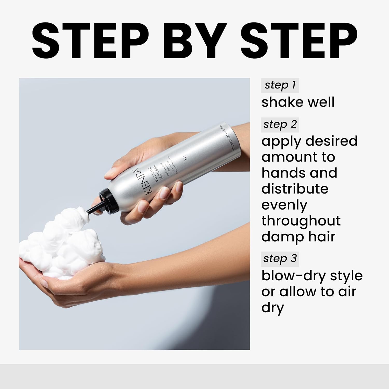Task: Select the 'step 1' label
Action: [280, 85]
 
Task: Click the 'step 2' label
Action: [280, 124]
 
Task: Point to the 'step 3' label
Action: [280, 259]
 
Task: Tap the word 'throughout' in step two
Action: [301, 221]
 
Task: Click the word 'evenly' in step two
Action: [284, 205]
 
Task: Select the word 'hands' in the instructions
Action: [284, 173]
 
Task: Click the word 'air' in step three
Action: [348, 291]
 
